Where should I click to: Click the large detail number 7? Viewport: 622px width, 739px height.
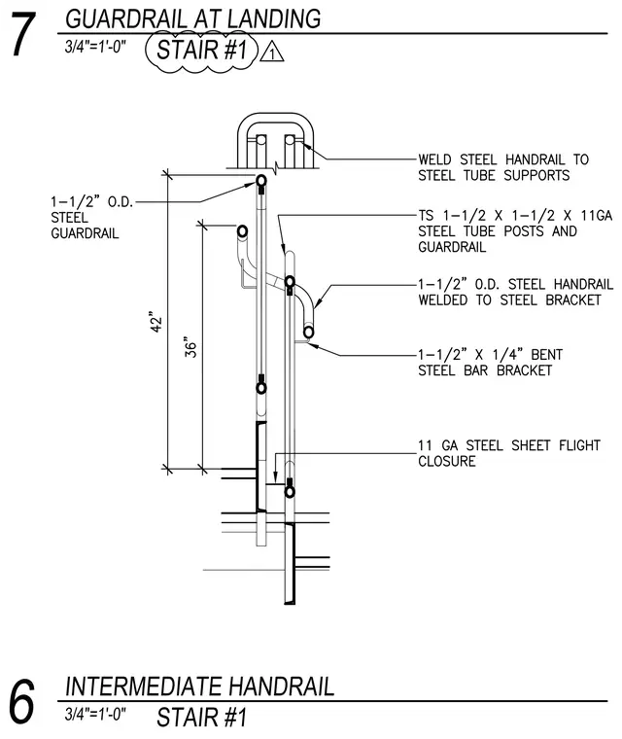pos(23,34)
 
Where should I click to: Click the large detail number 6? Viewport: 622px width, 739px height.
pos(21,701)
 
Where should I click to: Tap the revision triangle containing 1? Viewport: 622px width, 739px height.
pos(272,53)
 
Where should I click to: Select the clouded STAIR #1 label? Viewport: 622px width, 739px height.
pos(202,50)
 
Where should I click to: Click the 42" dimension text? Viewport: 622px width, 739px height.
pos(155,322)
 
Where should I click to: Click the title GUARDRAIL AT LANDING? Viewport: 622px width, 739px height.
pos(192,18)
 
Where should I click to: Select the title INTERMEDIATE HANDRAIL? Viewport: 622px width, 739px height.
pos(200,686)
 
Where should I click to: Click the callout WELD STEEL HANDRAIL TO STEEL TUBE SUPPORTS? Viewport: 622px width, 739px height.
pos(503,167)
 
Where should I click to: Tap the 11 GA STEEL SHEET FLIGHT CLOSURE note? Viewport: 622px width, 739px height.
pos(509,453)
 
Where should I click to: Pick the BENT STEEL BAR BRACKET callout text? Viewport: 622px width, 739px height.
pos(490,362)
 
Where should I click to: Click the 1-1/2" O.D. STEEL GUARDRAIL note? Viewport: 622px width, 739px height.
pos(92,217)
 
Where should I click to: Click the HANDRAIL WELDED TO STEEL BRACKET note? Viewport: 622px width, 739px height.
pos(515,293)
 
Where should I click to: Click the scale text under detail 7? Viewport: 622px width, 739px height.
pos(95,47)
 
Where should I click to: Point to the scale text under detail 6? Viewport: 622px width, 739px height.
pos(95,714)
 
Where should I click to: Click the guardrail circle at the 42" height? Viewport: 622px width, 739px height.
pos(261,181)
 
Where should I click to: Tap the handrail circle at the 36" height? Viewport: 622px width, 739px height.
pos(242,231)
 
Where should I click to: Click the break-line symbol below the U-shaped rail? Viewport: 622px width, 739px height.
pos(276,167)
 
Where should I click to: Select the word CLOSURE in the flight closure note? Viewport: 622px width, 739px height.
pos(447,461)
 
